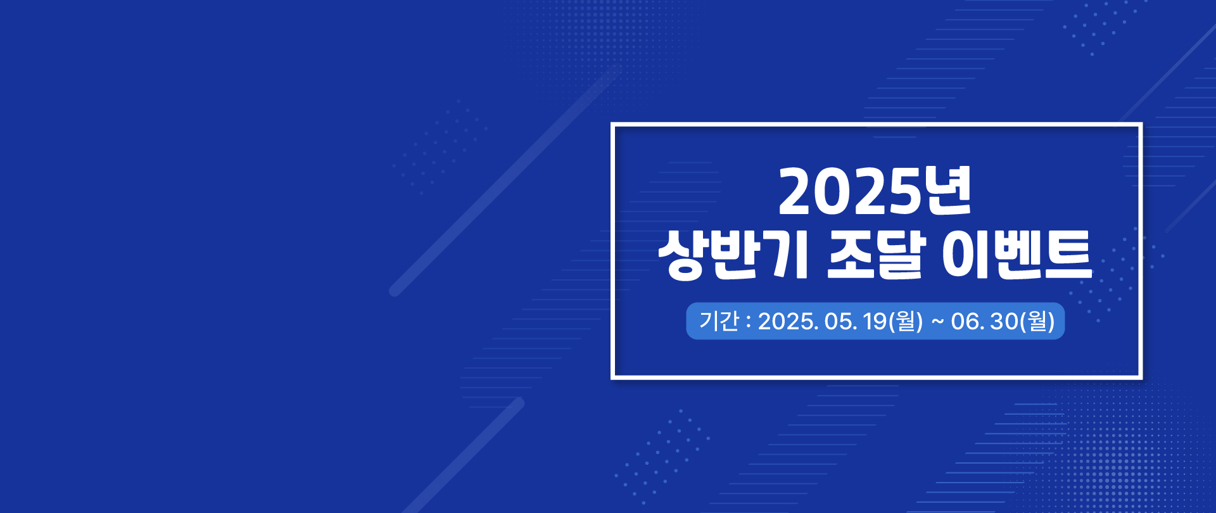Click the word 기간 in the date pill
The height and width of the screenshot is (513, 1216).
719,321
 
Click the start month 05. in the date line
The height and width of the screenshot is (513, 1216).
840,322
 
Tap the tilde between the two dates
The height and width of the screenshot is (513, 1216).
937,322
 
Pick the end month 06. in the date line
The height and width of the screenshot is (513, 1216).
968,322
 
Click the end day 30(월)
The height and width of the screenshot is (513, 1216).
1023,322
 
